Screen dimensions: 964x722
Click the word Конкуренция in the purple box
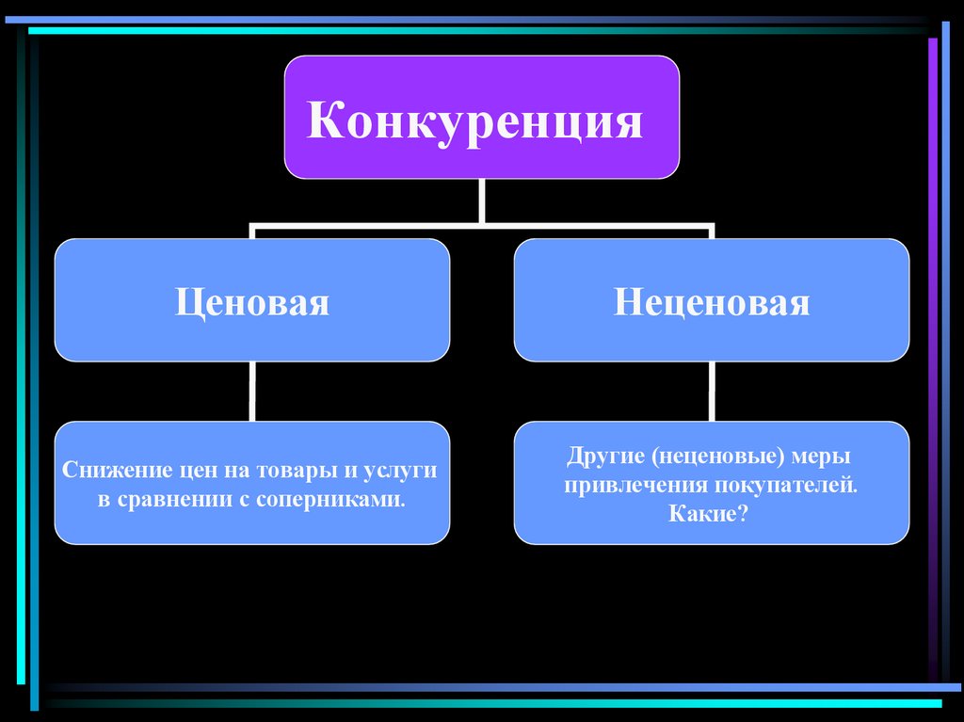[474, 122]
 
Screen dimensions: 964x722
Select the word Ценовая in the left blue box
[251, 303]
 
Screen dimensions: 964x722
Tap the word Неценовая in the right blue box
[711, 303]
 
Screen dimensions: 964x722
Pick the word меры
[821, 457]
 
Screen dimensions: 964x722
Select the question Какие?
[711, 515]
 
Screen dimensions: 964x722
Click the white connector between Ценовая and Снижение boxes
[251, 392]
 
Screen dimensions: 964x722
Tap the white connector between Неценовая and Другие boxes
[711, 392]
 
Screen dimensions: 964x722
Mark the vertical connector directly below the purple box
[481, 201]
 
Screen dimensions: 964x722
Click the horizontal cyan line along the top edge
[471, 31]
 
